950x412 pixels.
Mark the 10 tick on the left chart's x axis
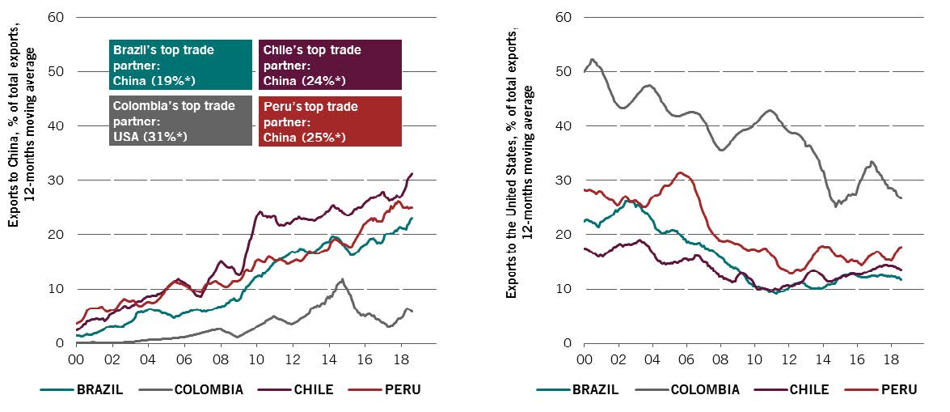(256, 359)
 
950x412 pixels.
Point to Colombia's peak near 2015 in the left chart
(343, 279)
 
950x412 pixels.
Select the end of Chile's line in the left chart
(413, 173)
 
